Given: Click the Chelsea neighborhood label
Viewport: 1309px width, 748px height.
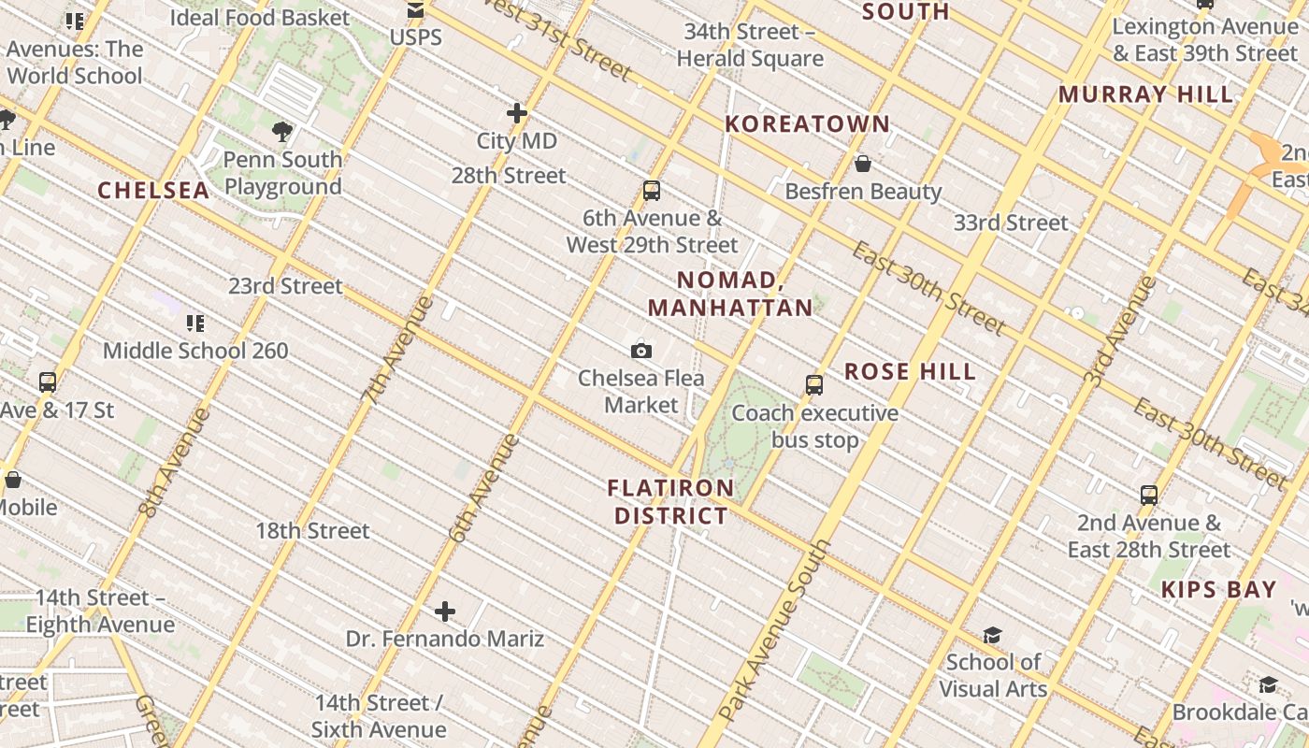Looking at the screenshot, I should click(153, 191).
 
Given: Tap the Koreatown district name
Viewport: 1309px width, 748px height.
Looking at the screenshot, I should click(808, 124).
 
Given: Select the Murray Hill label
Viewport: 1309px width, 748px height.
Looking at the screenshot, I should click(1145, 94).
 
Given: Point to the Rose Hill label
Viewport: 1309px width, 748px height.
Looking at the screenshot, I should click(910, 372).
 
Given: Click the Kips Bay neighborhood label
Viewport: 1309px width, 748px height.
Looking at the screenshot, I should click(1218, 590).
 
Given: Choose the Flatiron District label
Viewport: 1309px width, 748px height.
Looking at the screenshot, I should click(670, 502).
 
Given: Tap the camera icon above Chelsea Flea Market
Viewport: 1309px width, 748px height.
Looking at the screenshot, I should click(641, 352).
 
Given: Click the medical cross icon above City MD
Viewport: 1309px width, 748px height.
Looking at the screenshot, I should click(517, 113).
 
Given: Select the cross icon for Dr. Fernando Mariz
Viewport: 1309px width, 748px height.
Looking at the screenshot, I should click(445, 612).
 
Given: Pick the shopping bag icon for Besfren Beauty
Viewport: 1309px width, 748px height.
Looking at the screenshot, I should click(863, 165).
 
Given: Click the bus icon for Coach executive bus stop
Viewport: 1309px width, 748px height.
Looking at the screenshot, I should click(814, 385).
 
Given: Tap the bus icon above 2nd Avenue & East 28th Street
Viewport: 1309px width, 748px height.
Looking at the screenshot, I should click(1149, 496).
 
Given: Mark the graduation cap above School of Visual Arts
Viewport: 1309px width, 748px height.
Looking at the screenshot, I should click(992, 636).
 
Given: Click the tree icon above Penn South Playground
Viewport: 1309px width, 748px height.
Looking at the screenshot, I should click(282, 132).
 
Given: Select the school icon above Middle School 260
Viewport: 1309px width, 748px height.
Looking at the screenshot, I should click(195, 324).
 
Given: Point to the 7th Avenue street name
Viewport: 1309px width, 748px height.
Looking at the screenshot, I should click(398, 350).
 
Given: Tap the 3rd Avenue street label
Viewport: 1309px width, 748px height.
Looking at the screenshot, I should click(1120, 331).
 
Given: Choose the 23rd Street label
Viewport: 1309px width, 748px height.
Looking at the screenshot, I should click(286, 286).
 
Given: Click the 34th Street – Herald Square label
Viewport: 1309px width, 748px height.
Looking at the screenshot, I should click(750, 45).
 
